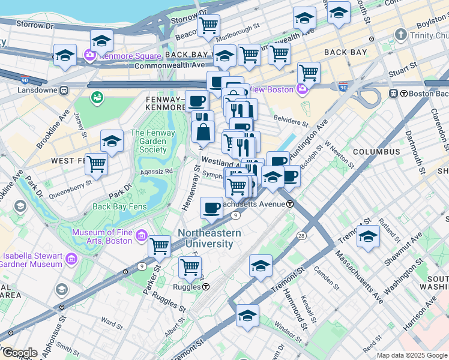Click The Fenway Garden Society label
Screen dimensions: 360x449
[148, 141]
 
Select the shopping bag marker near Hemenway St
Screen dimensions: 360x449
[203, 131]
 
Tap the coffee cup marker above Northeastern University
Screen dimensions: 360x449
[211, 208]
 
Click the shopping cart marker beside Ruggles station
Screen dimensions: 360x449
[190, 268]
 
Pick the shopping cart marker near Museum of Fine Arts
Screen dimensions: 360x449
[159, 245]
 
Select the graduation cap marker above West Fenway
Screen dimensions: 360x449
[112, 141]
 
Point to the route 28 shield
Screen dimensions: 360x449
[300, 236]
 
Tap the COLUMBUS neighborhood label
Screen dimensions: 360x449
[376, 152]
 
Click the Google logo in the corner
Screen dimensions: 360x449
[19, 353]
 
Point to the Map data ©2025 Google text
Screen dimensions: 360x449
[411, 355]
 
